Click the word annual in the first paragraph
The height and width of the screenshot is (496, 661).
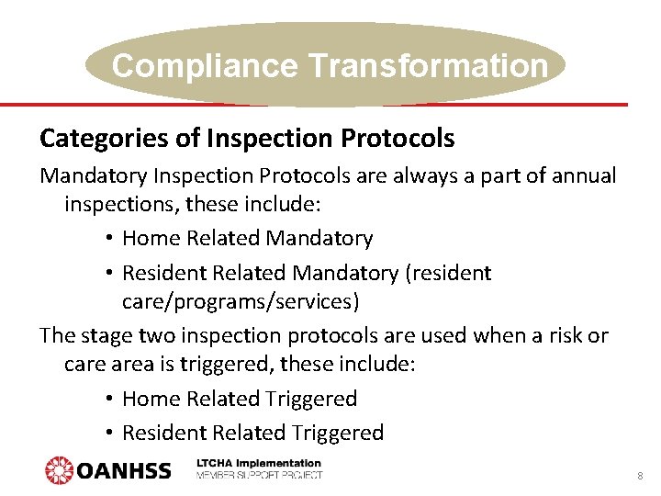584,175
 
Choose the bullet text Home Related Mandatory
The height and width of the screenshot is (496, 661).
247,239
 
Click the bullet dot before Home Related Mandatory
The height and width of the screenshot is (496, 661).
108,239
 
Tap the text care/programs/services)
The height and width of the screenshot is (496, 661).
241,301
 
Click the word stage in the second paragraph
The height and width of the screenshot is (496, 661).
104,335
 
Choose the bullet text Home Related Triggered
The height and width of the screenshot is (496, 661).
239,399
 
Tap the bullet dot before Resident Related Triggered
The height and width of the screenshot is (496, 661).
108,433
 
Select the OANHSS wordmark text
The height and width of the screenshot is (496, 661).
124,471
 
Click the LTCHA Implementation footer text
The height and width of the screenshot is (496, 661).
259,464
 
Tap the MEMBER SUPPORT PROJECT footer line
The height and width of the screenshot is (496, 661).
259,476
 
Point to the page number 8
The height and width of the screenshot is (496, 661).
639,477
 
